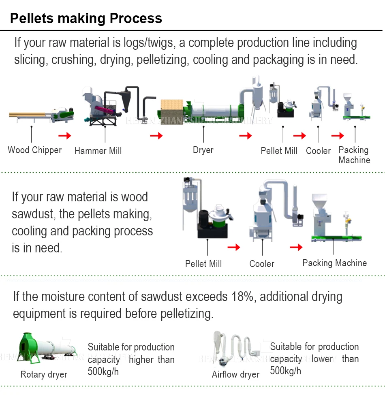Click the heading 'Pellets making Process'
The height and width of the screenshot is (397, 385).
[86, 18]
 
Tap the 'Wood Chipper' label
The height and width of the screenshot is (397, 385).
[35, 150]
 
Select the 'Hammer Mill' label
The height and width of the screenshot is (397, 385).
[98, 151]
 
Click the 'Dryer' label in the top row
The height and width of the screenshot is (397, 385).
[203, 150]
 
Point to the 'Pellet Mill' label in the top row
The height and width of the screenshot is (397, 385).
[279, 151]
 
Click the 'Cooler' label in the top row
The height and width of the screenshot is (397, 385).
[318, 151]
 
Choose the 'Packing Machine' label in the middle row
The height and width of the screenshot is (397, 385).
[334, 263]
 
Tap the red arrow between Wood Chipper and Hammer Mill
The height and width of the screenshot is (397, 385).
[64, 135]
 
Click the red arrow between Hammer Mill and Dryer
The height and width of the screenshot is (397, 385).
[156, 135]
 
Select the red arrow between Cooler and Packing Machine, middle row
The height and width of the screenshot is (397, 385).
[296, 247]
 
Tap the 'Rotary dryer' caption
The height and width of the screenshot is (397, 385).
[44, 374]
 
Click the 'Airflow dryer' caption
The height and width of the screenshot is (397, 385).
[235, 374]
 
